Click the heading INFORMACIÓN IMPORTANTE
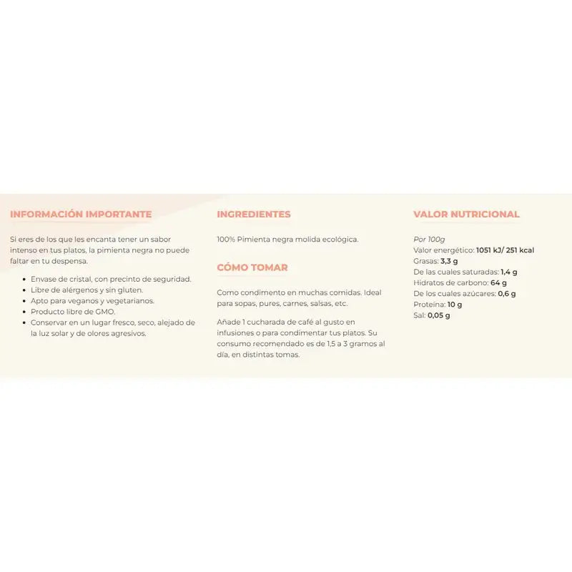click(81, 214)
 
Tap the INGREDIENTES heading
click(253, 214)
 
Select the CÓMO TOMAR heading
click(252, 267)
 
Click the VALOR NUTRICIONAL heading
click(466, 214)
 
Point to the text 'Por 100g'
click(429, 239)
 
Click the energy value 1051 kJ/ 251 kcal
click(505, 250)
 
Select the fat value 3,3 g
click(450, 261)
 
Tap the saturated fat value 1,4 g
click(509, 272)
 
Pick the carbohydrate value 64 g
click(499, 282)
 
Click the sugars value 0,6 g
click(507, 293)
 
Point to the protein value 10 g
click(455, 304)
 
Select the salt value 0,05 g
click(439, 315)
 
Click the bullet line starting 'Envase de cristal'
click(111, 279)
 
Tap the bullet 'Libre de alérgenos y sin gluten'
click(87, 290)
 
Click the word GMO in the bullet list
click(105, 312)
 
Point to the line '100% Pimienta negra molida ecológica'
click(287, 240)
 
